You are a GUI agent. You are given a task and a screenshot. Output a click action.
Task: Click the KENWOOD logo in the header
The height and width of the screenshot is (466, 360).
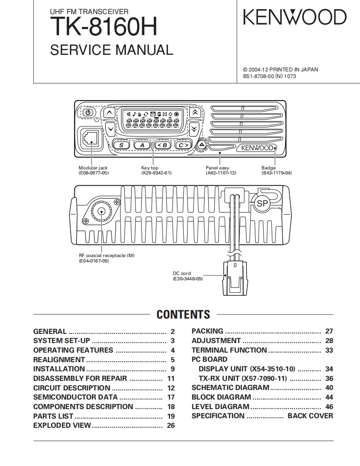[x=294, y=18]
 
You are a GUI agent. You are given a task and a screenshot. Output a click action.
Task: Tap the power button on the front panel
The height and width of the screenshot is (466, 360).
[x=88, y=113]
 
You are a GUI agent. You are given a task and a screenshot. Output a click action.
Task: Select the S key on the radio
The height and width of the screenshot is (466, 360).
[x=121, y=145]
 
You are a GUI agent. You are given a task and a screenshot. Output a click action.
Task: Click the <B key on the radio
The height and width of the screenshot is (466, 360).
[x=162, y=145]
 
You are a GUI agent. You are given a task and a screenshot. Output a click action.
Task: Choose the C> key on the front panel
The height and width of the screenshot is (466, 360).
[x=182, y=145]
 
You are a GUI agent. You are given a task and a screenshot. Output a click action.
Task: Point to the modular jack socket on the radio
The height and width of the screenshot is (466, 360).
[x=90, y=137]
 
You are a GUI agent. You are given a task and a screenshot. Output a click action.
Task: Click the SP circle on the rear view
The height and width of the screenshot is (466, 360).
[x=262, y=204]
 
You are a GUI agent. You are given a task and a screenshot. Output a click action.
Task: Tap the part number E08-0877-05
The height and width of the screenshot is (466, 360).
[x=94, y=173]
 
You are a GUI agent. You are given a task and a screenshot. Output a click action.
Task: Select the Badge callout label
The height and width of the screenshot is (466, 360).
[x=268, y=168]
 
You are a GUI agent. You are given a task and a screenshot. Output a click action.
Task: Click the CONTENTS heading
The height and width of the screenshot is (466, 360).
[x=183, y=314]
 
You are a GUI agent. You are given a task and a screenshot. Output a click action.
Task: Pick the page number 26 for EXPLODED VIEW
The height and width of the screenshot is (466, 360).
[x=171, y=425]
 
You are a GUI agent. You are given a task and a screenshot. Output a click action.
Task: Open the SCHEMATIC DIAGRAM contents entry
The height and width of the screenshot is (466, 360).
[x=230, y=388]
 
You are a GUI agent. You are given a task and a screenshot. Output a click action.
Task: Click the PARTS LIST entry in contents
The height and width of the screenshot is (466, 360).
[x=53, y=416]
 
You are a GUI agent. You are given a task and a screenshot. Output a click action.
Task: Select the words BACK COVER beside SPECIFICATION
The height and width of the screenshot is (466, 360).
[x=310, y=416]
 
